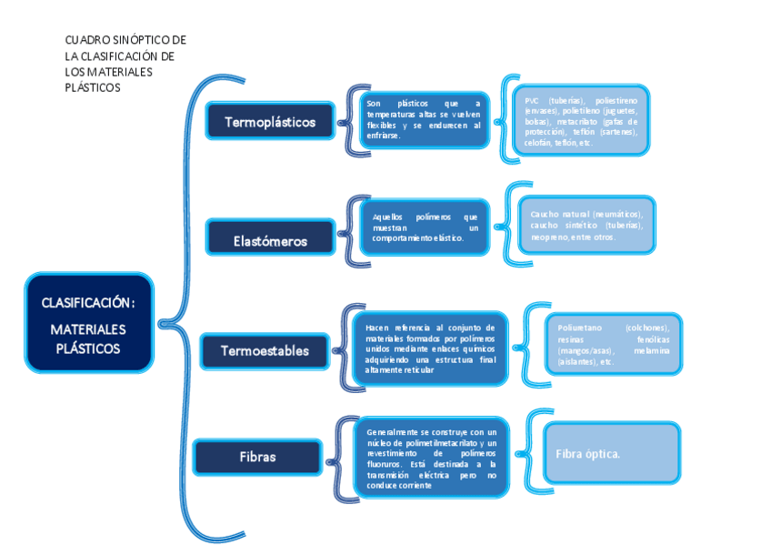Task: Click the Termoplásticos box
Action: coord(269,121)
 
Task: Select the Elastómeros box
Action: coord(269,240)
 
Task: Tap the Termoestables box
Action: coord(265,350)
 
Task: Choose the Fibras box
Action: coord(257,457)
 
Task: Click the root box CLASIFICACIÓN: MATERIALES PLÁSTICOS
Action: coord(88,323)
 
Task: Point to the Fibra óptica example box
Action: coord(611,453)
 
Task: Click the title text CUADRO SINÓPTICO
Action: coord(125,40)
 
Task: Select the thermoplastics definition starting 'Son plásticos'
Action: coord(423,119)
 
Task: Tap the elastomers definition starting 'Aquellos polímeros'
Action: coord(425,227)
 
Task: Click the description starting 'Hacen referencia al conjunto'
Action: coord(430,348)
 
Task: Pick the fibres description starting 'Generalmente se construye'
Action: coord(432,459)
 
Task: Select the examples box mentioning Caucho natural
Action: coord(586,226)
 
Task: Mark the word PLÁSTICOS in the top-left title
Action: coord(93,88)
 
